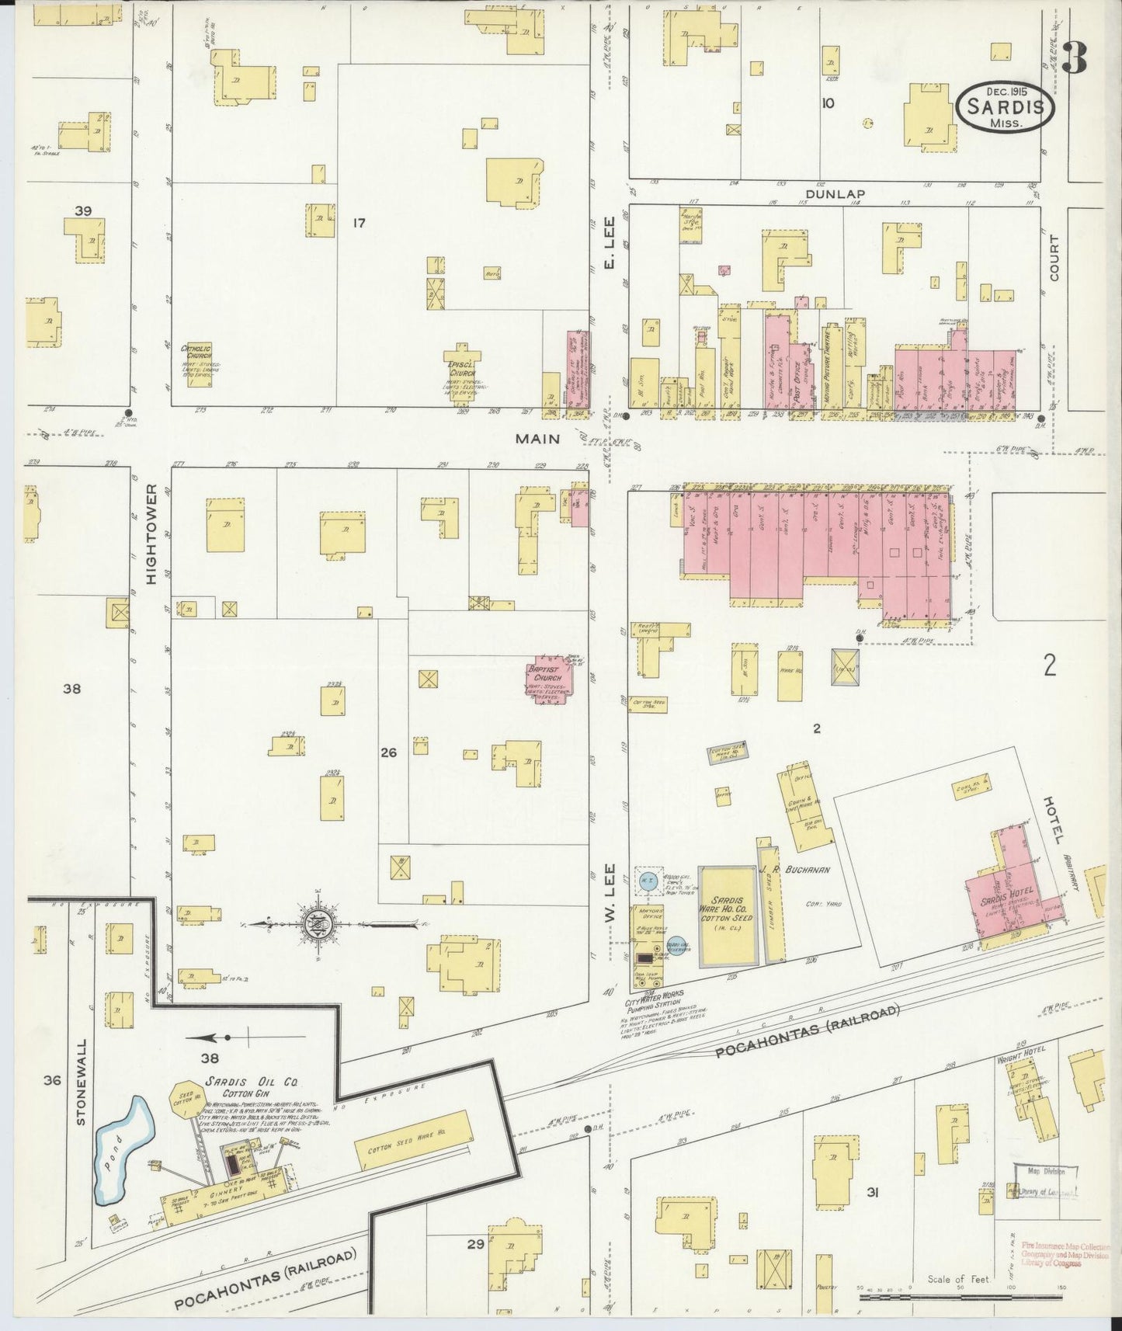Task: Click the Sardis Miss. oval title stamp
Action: pyautogui.click(x=1006, y=108)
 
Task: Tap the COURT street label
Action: pyautogui.click(x=1054, y=258)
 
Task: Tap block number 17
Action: pyautogui.click(x=358, y=224)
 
